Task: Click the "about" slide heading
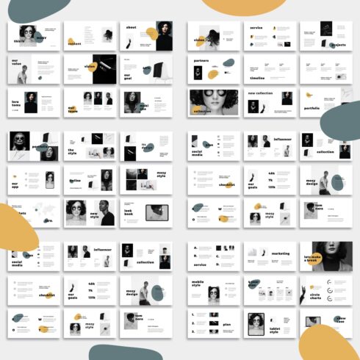[132, 27]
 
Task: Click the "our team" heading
[73, 109]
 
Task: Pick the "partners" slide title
[201, 61]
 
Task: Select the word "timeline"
[256, 77]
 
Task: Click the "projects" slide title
[336, 45]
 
